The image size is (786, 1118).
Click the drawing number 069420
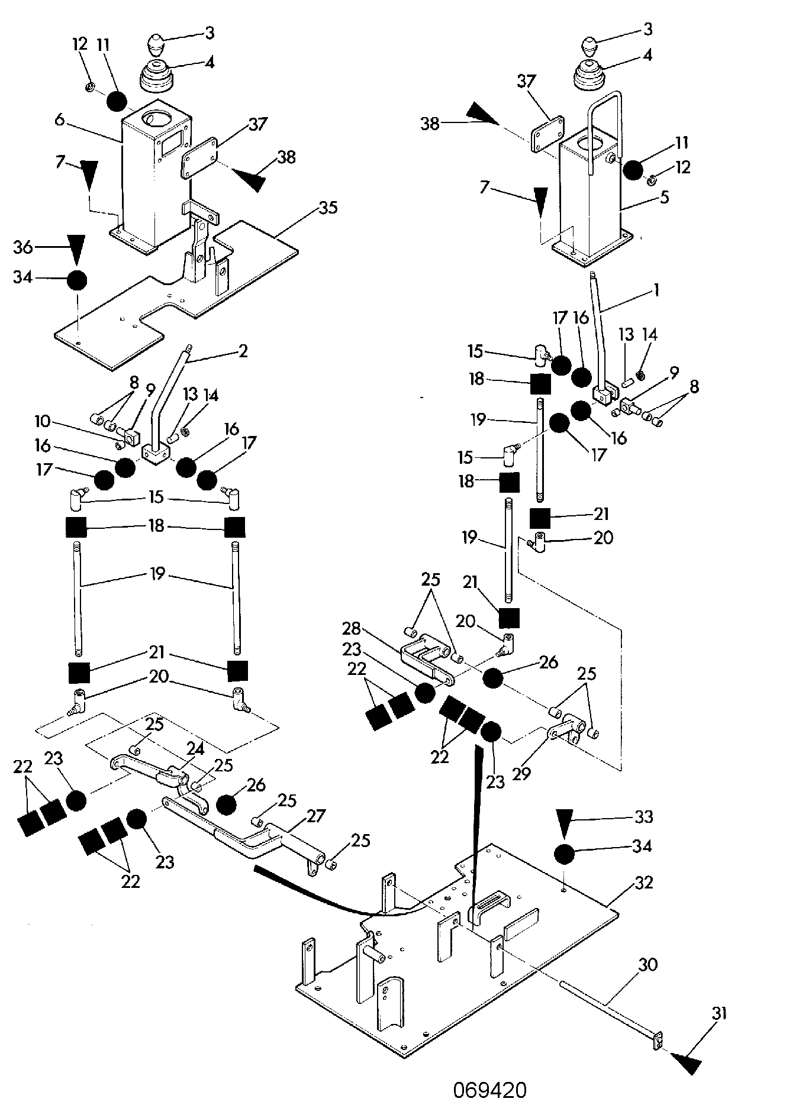click(490, 1090)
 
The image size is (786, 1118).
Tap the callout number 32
click(643, 882)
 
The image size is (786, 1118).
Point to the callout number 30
click(648, 964)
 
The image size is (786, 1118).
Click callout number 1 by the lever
click(656, 290)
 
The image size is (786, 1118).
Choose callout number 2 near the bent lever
click(243, 351)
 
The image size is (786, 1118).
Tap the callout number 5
click(665, 197)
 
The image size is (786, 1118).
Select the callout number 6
click(59, 119)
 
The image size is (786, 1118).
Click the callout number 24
click(196, 749)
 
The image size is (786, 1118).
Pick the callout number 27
click(316, 816)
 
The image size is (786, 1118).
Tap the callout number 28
click(352, 628)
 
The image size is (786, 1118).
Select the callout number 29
click(521, 773)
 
